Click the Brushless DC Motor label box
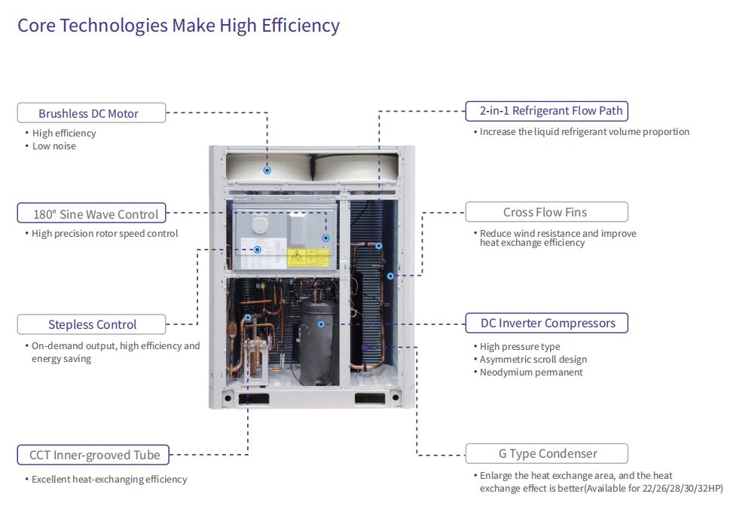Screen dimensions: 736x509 (x=92, y=113)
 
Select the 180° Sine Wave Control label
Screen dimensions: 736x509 (x=92, y=213)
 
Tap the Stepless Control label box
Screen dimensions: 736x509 (x=92, y=324)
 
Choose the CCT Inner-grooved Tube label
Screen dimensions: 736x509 (x=93, y=455)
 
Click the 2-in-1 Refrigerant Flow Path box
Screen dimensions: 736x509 (x=547, y=111)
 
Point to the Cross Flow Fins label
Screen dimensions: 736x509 (x=547, y=212)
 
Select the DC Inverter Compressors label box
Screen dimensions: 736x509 (x=547, y=323)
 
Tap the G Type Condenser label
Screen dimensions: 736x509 (x=547, y=453)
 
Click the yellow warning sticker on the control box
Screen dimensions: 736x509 (x=308, y=258)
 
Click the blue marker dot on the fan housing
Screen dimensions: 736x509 (x=267, y=170)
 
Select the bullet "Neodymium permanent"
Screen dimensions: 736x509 (x=531, y=373)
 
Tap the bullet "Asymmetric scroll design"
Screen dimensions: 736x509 (x=533, y=360)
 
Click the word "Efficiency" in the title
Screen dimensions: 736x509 (x=301, y=26)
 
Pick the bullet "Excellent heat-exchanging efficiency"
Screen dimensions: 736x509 (x=109, y=480)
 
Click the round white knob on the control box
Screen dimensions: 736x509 (x=260, y=225)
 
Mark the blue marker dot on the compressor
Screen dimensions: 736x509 (x=321, y=324)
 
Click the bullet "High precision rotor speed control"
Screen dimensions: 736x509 (x=105, y=234)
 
